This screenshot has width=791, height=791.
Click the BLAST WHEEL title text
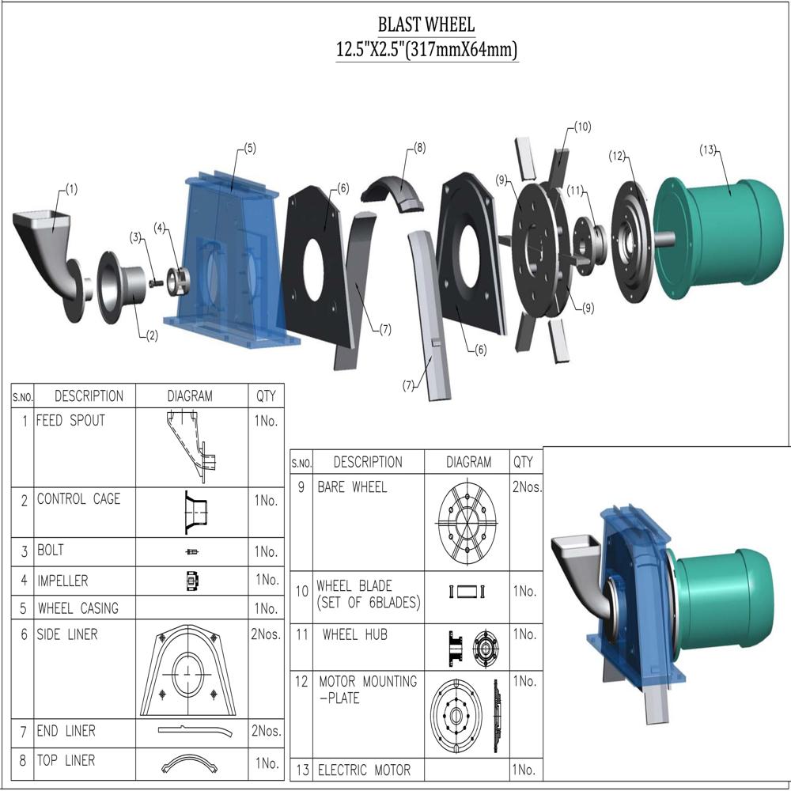point(426,25)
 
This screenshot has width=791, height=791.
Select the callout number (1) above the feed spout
point(71,189)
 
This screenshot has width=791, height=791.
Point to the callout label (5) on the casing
point(249,148)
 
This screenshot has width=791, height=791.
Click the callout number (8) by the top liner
point(419,147)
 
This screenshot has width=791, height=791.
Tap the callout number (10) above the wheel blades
point(582,127)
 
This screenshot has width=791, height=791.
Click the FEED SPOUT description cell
point(70,421)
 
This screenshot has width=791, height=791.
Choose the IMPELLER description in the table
point(62,581)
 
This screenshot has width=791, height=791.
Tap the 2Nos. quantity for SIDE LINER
point(266,634)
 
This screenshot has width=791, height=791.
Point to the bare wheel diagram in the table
point(468,522)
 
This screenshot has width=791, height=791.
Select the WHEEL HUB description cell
point(354,634)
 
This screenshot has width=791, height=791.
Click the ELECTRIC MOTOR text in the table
point(364,770)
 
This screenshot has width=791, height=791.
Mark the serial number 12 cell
point(301,681)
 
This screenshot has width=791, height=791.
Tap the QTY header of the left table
point(266,395)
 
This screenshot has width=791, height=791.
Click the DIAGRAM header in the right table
point(468,462)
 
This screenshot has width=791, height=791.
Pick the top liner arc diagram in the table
point(190,763)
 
